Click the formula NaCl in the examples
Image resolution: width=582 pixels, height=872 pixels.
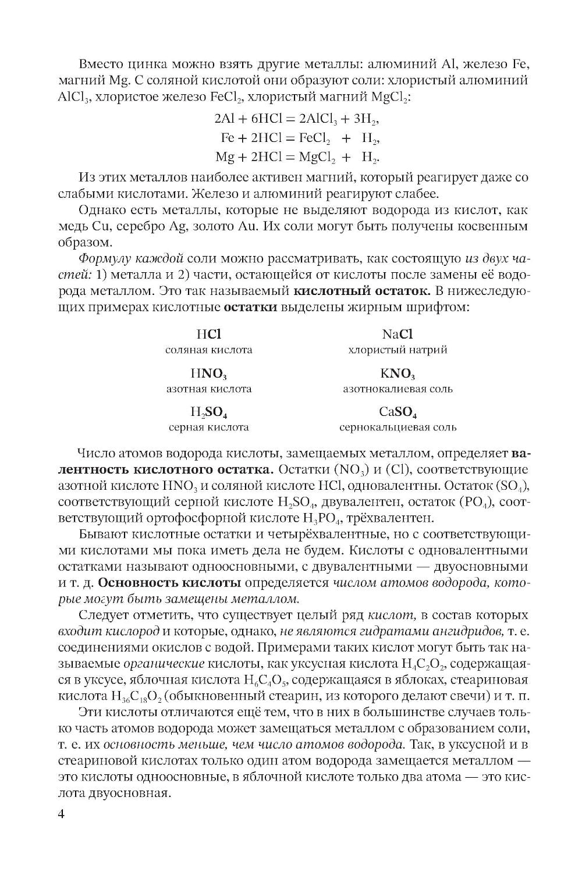point(398,334)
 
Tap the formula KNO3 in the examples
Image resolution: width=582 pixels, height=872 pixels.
point(398,373)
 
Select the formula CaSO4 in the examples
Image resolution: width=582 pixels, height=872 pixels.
point(398,412)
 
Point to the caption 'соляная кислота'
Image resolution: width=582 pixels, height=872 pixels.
point(208,350)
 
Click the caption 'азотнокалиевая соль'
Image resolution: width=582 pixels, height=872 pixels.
point(398,389)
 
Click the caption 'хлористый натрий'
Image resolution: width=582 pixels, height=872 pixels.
point(398,350)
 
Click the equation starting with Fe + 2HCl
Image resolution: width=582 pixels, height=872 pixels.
point(300,138)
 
